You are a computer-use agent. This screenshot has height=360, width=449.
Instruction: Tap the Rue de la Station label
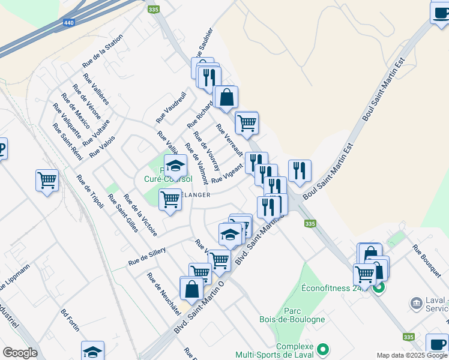click(x=103, y=50)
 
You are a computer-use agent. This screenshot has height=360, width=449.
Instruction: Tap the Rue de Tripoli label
click(x=90, y=191)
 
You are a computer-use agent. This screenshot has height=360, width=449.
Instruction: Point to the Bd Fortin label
click(x=70, y=321)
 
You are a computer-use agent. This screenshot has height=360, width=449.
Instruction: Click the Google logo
click(x=20, y=352)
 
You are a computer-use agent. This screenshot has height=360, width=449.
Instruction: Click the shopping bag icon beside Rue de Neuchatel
click(x=191, y=289)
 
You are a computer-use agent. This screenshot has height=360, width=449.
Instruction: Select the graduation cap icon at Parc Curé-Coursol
click(x=176, y=166)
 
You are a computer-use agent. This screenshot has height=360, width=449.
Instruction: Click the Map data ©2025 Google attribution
click(x=412, y=355)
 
